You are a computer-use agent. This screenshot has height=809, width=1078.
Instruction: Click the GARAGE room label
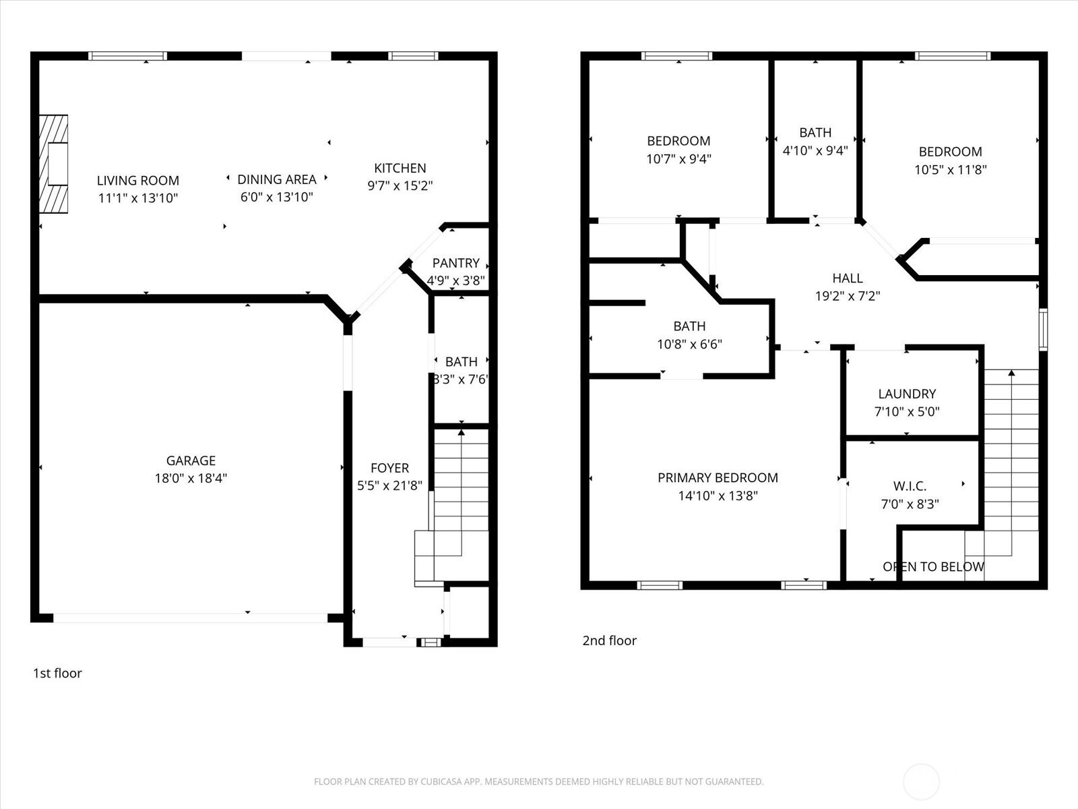(x=191, y=460)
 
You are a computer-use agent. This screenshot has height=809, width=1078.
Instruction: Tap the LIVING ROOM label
(x=137, y=181)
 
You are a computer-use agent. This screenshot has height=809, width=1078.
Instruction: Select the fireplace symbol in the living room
(x=53, y=164)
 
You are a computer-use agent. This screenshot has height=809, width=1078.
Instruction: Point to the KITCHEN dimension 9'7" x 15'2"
(x=400, y=185)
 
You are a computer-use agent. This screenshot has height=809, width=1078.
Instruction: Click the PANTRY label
(x=455, y=264)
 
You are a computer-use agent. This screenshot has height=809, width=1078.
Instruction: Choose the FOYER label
(x=389, y=468)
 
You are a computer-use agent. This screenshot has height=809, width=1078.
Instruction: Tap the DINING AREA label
(x=276, y=180)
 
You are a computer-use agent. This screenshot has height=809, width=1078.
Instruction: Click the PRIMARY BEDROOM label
(x=718, y=478)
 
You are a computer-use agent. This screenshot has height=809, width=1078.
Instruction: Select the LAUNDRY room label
(x=907, y=394)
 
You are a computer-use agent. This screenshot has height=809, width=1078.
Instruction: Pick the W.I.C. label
(x=910, y=486)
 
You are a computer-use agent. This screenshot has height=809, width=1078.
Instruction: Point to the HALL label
(x=847, y=278)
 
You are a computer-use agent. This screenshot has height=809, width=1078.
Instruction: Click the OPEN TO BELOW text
(x=933, y=567)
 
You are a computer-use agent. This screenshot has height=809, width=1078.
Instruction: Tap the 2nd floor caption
(x=609, y=640)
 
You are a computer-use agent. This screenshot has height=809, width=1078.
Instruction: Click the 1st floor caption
(x=57, y=673)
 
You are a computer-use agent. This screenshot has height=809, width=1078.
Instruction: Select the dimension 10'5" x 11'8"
(x=950, y=170)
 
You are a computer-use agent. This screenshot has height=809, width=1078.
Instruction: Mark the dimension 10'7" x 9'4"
(x=678, y=159)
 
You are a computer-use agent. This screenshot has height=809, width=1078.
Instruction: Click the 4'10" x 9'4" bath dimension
(x=815, y=151)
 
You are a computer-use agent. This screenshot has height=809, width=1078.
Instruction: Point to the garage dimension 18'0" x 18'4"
(x=191, y=479)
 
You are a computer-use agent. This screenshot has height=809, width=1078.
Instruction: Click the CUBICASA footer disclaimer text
(x=539, y=781)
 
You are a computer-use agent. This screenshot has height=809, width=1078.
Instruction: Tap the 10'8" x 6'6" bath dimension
(x=689, y=344)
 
